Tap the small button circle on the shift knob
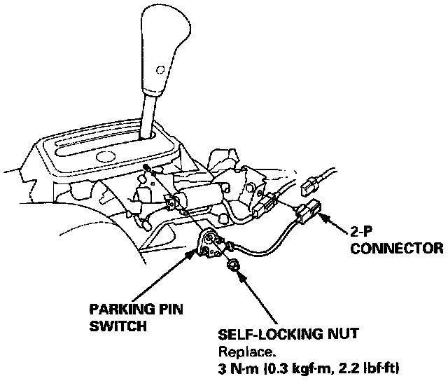[161, 69]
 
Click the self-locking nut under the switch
[233, 265]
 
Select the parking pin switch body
[209, 244]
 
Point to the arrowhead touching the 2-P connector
[325, 216]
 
